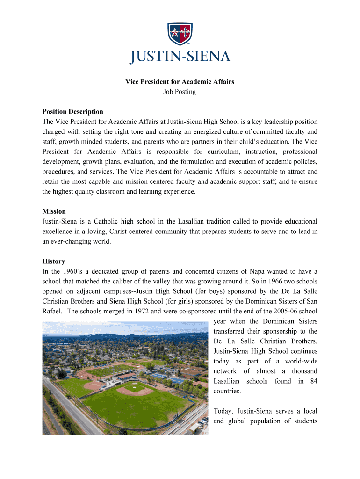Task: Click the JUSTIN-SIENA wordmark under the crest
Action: (180, 57)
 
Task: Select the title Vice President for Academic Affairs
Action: (180, 82)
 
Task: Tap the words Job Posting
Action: (180, 92)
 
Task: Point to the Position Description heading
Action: (72, 112)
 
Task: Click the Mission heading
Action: (54, 211)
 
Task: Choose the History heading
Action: (53, 261)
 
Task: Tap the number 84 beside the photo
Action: (313, 381)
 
